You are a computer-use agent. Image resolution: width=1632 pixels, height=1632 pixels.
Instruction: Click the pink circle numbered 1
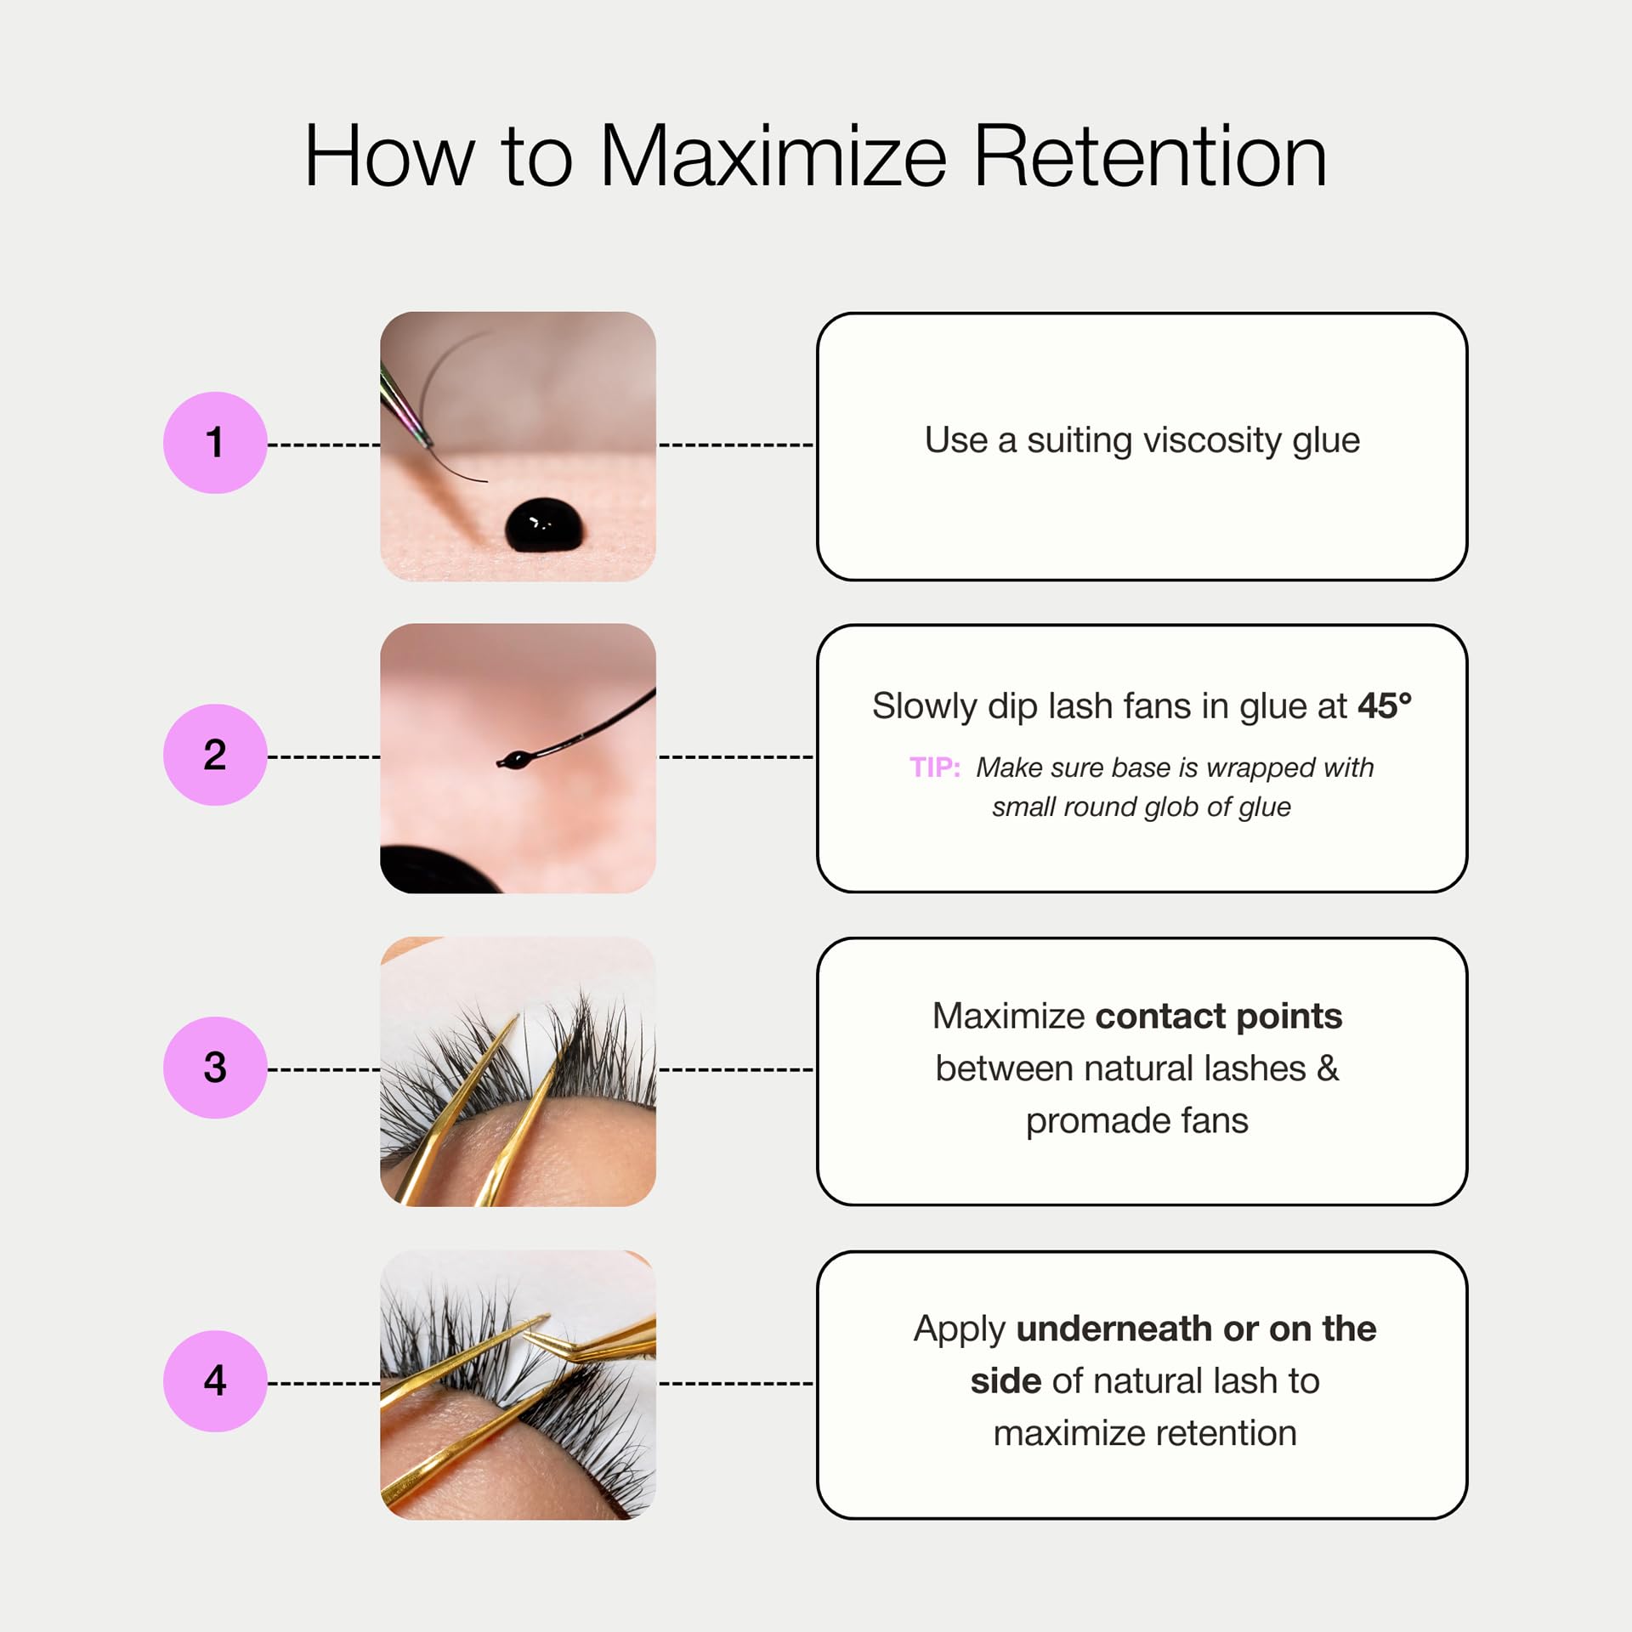click(x=215, y=443)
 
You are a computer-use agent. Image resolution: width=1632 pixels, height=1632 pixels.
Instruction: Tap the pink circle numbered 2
click(x=215, y=755)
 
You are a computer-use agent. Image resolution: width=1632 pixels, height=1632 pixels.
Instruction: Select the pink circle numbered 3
click(x=215, y=1068)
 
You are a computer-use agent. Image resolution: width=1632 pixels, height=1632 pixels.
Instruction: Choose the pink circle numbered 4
click(x=215, y=1381)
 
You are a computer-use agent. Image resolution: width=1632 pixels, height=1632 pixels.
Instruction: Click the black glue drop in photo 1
click(x=544, y=525)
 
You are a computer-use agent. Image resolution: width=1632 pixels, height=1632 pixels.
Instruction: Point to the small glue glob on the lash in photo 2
click(x=513, y=759)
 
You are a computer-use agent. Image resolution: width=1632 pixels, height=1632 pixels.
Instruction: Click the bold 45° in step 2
click(x=1385, y=705)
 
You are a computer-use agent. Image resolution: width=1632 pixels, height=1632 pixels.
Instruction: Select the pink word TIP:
click(x=935, y=768)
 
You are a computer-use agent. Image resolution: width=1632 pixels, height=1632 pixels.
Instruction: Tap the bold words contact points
click(x=1219, y=1017)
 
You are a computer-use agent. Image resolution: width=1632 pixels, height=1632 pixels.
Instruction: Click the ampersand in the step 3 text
click(x=1328, y=1068)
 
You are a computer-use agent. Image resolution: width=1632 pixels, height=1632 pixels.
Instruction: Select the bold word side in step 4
click(x=1006, y=1381)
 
